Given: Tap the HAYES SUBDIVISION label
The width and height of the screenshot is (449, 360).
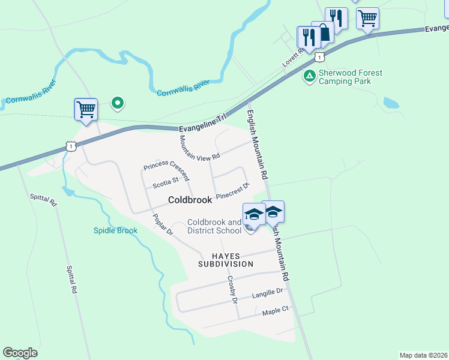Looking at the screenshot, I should click(226, 259).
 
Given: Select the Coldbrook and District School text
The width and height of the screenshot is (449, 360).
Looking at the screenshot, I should click(214, 226).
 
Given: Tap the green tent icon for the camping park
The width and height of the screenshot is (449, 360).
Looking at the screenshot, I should click(309, 76).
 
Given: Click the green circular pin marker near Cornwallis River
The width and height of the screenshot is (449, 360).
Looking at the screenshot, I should click(118, 104).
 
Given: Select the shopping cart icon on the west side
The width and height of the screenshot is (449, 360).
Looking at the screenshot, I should click(86, 110).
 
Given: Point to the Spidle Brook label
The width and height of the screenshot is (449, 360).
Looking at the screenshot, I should click(116, 230).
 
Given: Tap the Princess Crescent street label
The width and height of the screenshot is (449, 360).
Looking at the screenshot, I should click(166, 170).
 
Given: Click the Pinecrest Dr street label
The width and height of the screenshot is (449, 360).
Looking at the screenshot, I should click(232, 191).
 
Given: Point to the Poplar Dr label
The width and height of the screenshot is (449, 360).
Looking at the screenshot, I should click(162, 224).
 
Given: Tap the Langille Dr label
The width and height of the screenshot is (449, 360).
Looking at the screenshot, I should click(267, 292).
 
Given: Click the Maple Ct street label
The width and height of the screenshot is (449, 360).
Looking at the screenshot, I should click(276, 311).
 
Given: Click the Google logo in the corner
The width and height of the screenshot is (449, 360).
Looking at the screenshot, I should click(20, 353).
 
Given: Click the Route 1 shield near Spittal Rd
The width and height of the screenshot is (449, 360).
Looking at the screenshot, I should click(71, 146).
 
